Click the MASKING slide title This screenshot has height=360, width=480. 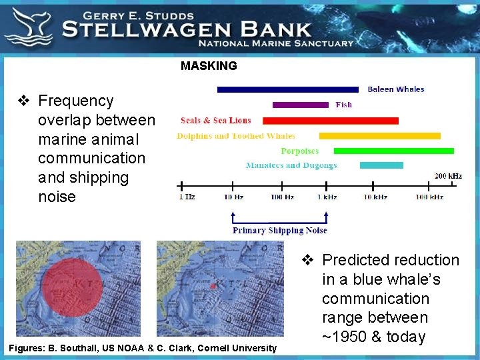click(x=209, y=66)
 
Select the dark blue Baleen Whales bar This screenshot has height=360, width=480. click(x=290, y=89)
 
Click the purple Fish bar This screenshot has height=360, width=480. click(x=300, y=105)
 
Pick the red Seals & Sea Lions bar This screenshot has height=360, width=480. click(x=330, y=121)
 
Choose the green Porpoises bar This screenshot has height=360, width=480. click(x=393, y=151)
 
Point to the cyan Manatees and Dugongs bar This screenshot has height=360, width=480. click(x=381, y=165)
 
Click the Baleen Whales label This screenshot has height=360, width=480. click(x=396, y=89)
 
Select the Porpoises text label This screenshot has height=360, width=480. click(x=299, y=151)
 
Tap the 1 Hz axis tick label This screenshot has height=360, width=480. click(x=187, y=197)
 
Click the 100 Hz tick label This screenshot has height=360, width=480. click(x=282, y=197)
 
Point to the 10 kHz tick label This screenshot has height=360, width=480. click(x=375, y=197)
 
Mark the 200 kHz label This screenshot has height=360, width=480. click(x=448, y=176)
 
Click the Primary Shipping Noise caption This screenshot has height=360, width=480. click(x=279, y=230)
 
